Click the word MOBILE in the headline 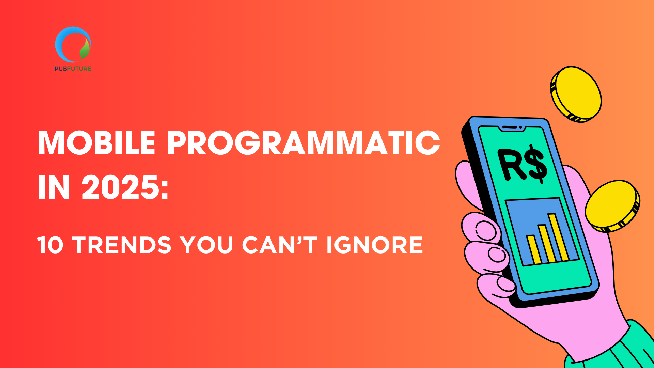click(x=97, y=143)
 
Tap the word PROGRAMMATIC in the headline click(x=303, y=143)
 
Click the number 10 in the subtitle click(x=50, y=245)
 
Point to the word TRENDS click(x=122, y=245)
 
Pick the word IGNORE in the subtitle click(x=374, y=245)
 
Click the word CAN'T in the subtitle click(x=279, y=245)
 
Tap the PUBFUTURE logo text click(x=73, y=68)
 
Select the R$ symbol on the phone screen click(x=523, y=165)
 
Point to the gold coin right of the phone click(x=612, y=206)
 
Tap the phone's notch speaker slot click(x=510, y=127)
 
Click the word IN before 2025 click(x=54, y=187)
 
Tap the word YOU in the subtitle click(x=206, y=245)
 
